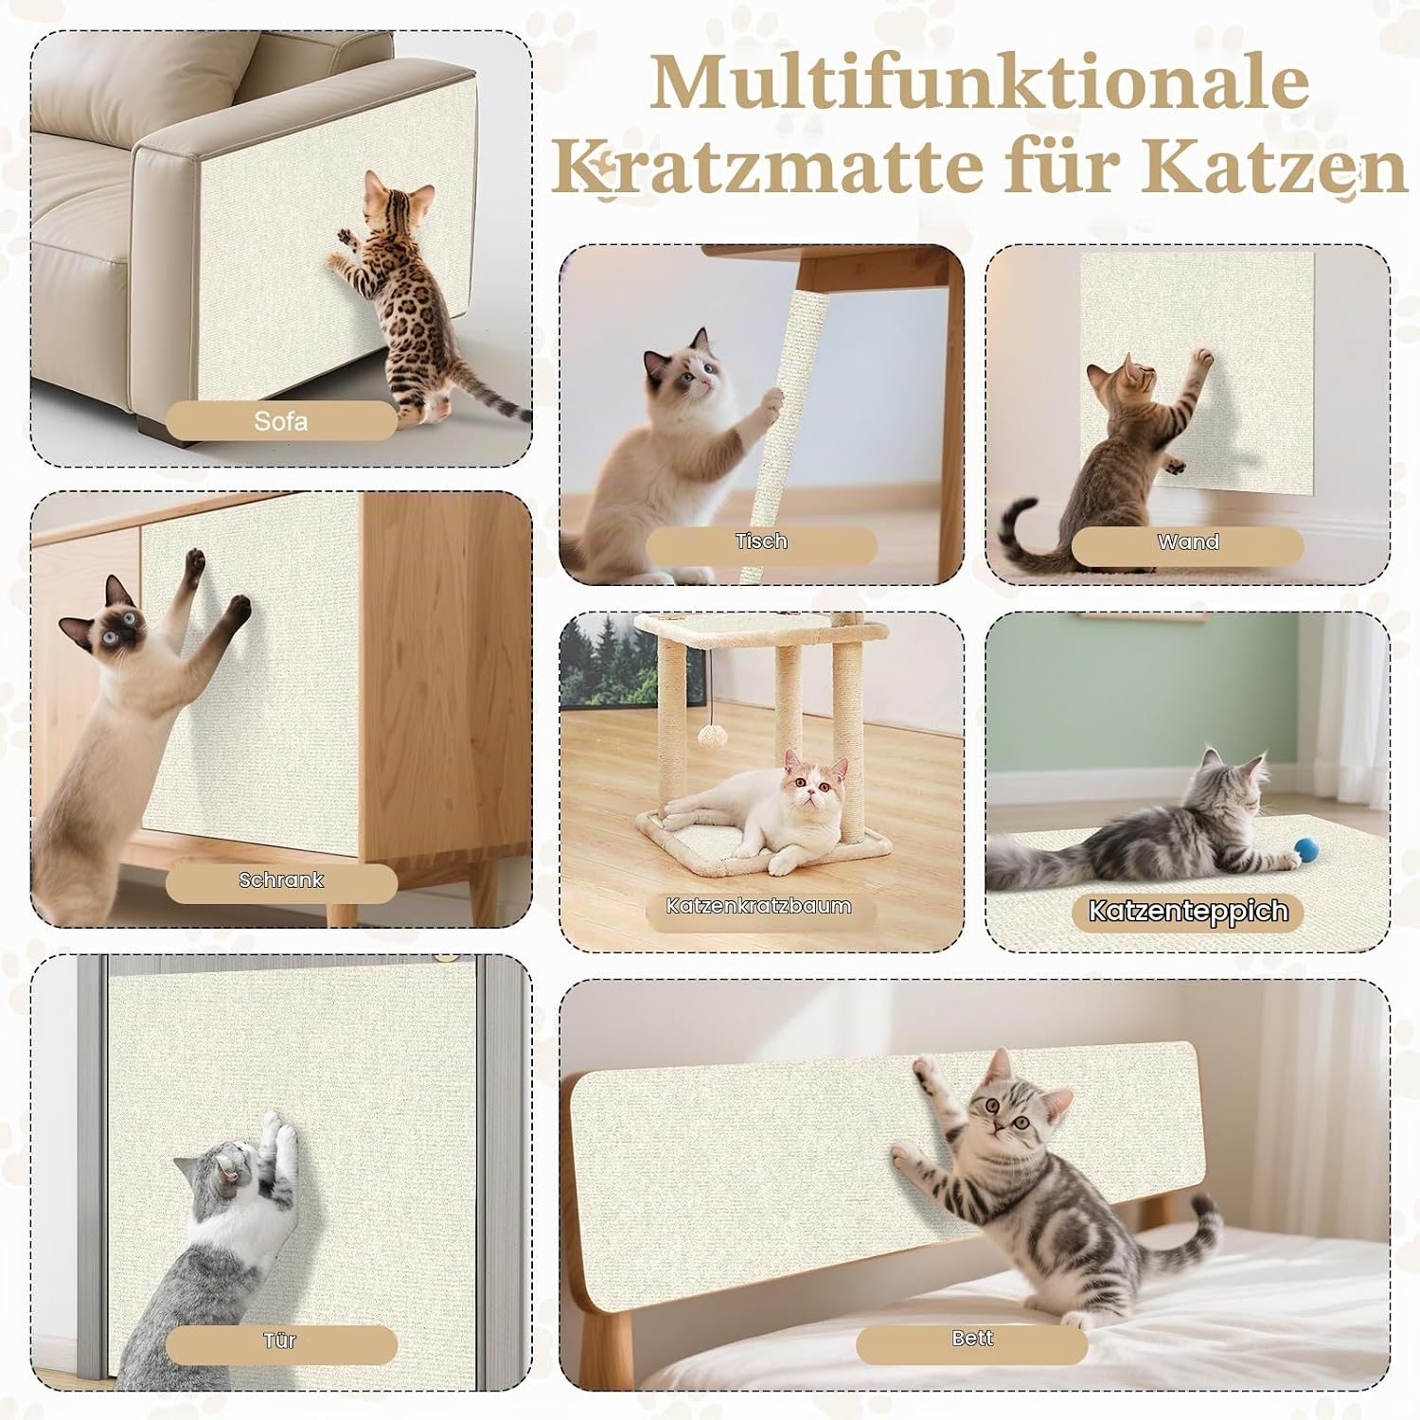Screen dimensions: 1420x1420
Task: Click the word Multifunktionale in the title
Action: (980, 84)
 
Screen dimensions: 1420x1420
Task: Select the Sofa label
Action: (281, 421)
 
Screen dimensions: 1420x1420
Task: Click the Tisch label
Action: (761, 541)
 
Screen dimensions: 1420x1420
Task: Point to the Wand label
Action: (1188, 542)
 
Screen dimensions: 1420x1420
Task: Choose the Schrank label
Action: (281, 880)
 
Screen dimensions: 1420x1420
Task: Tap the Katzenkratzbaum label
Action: (758, 906)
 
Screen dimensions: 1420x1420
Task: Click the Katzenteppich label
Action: (1188, 911)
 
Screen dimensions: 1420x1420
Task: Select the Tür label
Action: (281, 1340)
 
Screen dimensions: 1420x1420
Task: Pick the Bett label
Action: (972, 1338)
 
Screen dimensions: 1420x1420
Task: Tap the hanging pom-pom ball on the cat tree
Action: (709, 736)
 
